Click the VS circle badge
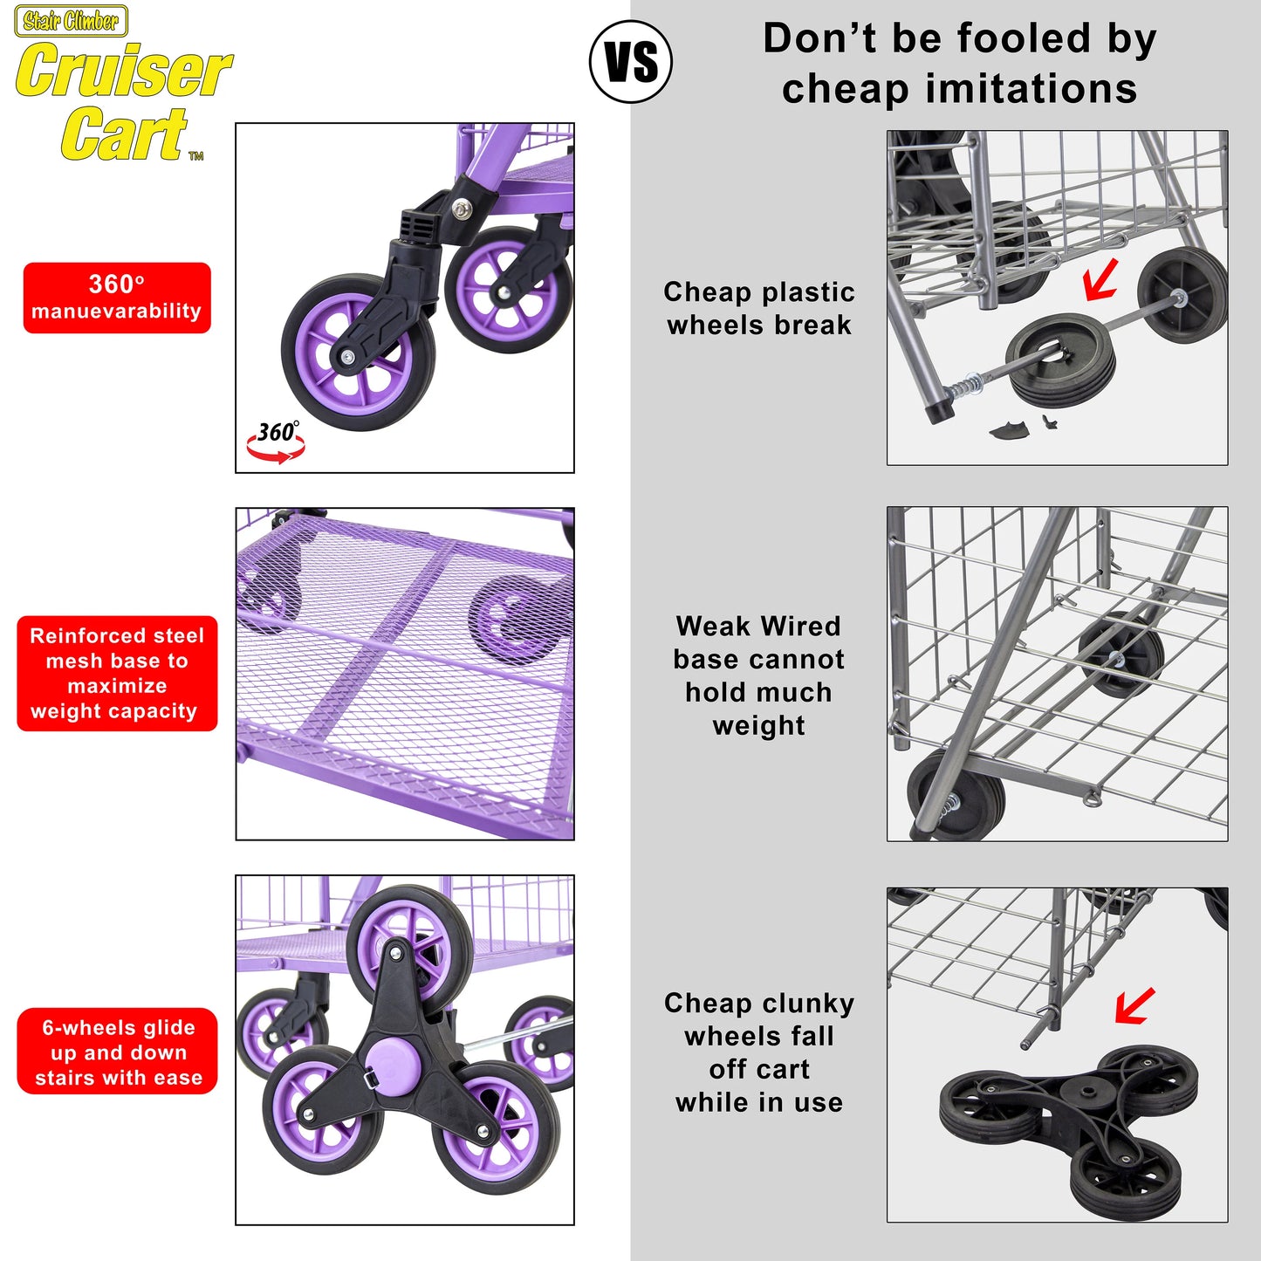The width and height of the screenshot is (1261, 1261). pos(631,61)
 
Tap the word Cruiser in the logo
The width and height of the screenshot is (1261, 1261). pos(124,70)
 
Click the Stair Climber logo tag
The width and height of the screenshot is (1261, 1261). pos(71,21)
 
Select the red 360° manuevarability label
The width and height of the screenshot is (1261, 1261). pos(117,298)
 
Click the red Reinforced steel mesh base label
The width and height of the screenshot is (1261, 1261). pos(117,674)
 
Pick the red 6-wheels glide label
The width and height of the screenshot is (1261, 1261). pos(117,1051)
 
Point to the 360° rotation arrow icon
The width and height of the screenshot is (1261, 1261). pos(276,441)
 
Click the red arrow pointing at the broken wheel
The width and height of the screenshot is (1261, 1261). pos(1100,279)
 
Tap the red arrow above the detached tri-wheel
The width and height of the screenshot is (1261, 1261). pos(1134,1006)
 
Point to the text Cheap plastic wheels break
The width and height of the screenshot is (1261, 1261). pos(759,308)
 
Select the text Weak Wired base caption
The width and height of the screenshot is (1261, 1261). pos(759,675)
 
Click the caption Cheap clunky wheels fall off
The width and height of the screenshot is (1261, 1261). pos(759,1053)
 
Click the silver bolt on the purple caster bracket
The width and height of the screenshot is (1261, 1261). pos(463,209)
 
